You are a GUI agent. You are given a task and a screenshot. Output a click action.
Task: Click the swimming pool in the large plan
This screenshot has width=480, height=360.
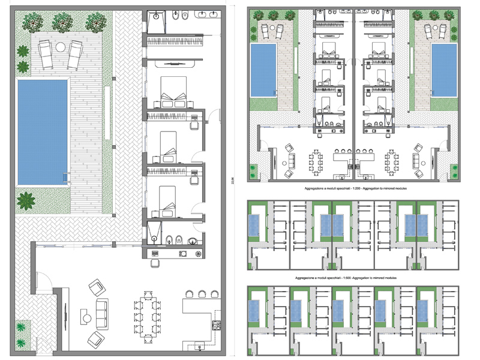(x=42, y=132)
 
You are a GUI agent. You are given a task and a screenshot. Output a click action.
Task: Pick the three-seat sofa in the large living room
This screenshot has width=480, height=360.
(x=104, y=311)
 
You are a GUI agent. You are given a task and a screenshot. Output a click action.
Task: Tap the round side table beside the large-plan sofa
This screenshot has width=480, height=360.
(x=86, y=318)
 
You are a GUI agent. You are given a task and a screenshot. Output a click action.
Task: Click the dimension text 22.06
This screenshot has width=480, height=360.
(x=232, y=180)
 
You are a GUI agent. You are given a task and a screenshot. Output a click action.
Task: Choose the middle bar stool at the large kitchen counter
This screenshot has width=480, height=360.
(x=203, y=293)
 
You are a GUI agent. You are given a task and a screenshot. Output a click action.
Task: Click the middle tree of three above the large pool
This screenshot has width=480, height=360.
(x=62, y=22)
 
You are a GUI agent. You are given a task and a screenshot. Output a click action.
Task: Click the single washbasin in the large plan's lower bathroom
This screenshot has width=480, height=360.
(x=191, y=241)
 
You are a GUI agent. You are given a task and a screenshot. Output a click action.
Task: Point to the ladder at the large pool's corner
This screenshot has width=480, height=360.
(x=64, y=178)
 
